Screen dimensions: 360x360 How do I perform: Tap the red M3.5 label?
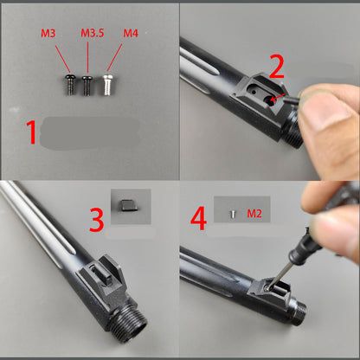[x=93, y=34]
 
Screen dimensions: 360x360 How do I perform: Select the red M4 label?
[x=130, y=34]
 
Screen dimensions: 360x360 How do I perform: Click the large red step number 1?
[x=30, y=132]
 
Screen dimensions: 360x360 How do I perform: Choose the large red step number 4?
[x=198, y=219]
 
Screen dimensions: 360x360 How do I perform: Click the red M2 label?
[x=254, y=212]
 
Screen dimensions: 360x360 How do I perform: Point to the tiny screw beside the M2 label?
[x=233, y=212]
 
